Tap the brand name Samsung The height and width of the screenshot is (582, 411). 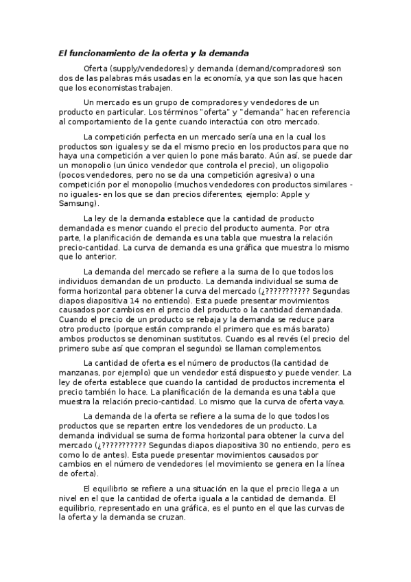coord(76,204)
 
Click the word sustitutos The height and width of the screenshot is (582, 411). coord(255,339)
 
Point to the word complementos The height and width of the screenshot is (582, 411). coord(290,349)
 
